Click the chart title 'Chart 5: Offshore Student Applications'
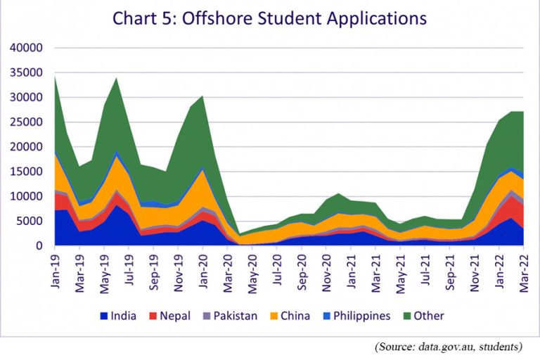point(269,18)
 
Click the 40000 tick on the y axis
point(27,48)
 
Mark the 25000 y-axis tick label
point(27,122)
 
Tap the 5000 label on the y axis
point(30,221)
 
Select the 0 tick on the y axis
point(40,246)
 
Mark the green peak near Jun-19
point(117,79)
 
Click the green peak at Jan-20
point(202,97)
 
